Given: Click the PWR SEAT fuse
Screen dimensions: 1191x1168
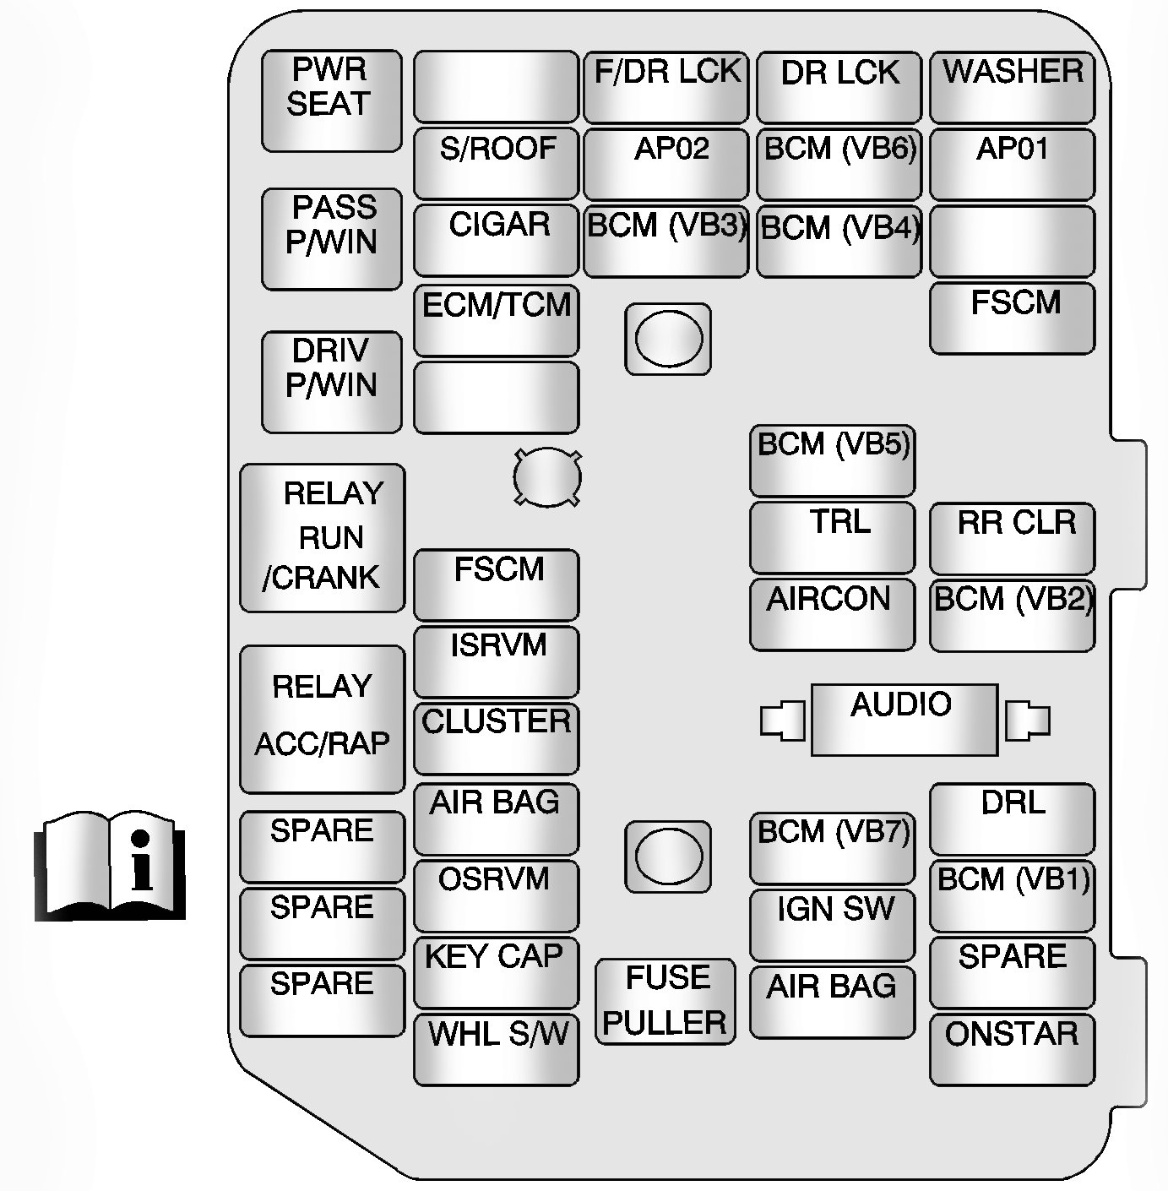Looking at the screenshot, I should click(x=331, y=101).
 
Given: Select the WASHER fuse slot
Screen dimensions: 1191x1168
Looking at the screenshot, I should click(x=1012, y=87).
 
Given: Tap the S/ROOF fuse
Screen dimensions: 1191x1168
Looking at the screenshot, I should click(x=497, y=163).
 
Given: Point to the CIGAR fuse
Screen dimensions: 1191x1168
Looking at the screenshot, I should click(x=497, y=240).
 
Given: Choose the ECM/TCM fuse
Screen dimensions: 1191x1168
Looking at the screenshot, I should click(x=497, y=320).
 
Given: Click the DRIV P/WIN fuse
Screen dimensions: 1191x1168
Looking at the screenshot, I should click(x=331, y=382).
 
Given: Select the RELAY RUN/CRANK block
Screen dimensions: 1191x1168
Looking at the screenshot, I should click(x=323, y=537).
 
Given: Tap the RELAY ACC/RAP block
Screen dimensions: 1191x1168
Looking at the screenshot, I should click(x=323, y=719).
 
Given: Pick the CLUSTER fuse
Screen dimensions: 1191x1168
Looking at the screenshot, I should click(x=497, y=737).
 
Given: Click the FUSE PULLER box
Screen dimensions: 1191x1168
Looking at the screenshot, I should click(x=665, y=1002).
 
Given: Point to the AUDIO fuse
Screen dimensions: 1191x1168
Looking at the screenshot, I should click(x=904, y=720).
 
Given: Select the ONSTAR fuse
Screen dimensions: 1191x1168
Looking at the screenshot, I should click(x=1012, y=1049).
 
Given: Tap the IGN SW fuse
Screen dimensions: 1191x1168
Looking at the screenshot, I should click(x=833, y=924).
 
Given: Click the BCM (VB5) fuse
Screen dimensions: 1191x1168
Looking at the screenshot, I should click(x=833, y=460).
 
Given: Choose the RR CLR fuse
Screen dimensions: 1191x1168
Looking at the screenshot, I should click(x=1012, y=538).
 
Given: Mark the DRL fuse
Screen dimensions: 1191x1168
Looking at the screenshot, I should click(x=1012, y=818).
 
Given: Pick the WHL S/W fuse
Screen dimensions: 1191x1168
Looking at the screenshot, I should click(x=497, y=1049).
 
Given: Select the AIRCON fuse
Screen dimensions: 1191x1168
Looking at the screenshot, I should click(x=833, y=614).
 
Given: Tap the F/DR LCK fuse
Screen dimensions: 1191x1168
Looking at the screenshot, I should click(x=665, y=87).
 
